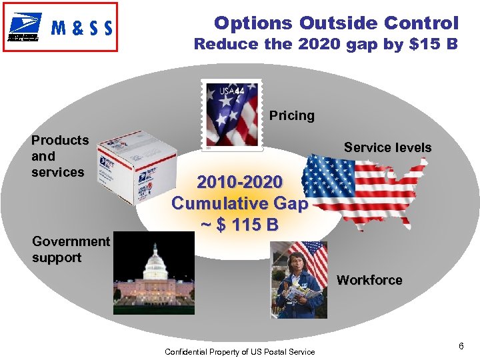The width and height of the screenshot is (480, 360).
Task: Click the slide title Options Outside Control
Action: (x=336, y=23)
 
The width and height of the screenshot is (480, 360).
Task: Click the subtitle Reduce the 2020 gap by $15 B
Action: (x=326, y=45)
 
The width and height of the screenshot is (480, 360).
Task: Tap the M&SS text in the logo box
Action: (x=82, y=28)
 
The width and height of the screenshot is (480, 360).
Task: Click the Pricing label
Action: (x=291, y=115)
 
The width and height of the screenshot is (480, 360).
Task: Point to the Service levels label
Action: (x=387, y=147)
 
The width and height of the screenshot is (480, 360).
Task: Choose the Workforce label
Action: (x=369, y=280)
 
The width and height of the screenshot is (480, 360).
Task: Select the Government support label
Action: (x=71, y=249)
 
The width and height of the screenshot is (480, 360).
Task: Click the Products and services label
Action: (x=59, y=156)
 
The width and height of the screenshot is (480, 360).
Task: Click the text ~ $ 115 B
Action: (x=239, y=225)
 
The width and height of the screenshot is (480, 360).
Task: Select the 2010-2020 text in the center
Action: (x=239, y=181)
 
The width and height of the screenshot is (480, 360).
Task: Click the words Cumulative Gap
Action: (x=239, y=203)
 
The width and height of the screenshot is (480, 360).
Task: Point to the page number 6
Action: (x=461, y=346)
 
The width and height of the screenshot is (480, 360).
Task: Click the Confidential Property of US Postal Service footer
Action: (x=239, y=351)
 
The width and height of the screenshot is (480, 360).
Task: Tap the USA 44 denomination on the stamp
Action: (x=229, y=91)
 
